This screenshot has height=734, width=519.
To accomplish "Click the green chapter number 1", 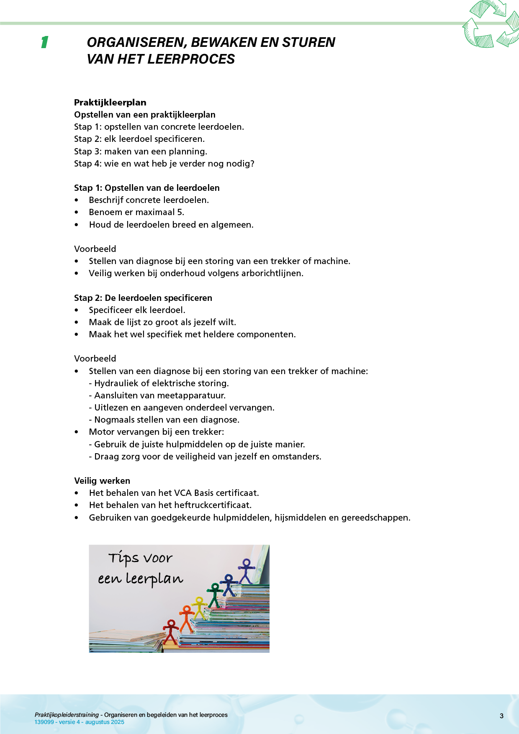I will pos(45,42).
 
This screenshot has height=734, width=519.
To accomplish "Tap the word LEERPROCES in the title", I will pos(190,59).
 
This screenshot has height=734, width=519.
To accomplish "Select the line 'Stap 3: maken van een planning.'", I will pos(141,151).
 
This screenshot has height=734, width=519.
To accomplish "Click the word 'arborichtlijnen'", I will pos(272,273).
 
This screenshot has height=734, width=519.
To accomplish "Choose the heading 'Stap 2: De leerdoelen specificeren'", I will pos(143,298).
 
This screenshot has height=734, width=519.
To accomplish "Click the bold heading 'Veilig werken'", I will pos(102,481).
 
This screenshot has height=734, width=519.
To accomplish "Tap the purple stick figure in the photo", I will pos(246,571).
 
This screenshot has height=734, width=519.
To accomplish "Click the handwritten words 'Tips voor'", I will pos(140,558).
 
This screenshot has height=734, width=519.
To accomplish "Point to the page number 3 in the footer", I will pos(501,716).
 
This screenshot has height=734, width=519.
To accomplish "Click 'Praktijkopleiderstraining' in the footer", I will pos(67,715).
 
